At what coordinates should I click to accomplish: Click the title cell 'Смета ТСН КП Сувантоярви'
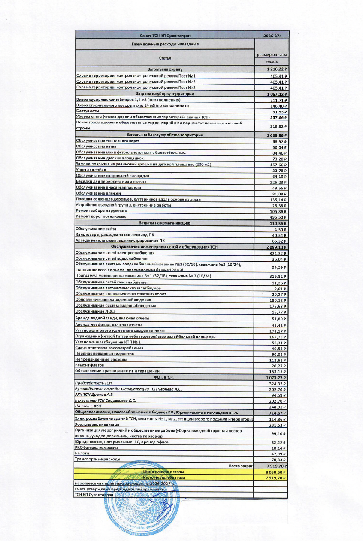(x=165, y=35)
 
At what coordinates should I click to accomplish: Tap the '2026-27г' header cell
(x=272, y=35)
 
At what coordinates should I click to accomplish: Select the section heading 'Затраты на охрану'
(x=165, y=69)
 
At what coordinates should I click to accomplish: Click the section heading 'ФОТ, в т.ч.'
(x=165, y=377)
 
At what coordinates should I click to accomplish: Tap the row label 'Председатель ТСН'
(x=93, y=383)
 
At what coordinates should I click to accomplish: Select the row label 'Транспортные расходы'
(x=97, y=459)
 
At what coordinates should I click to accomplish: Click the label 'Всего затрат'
(x=240, y=466)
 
